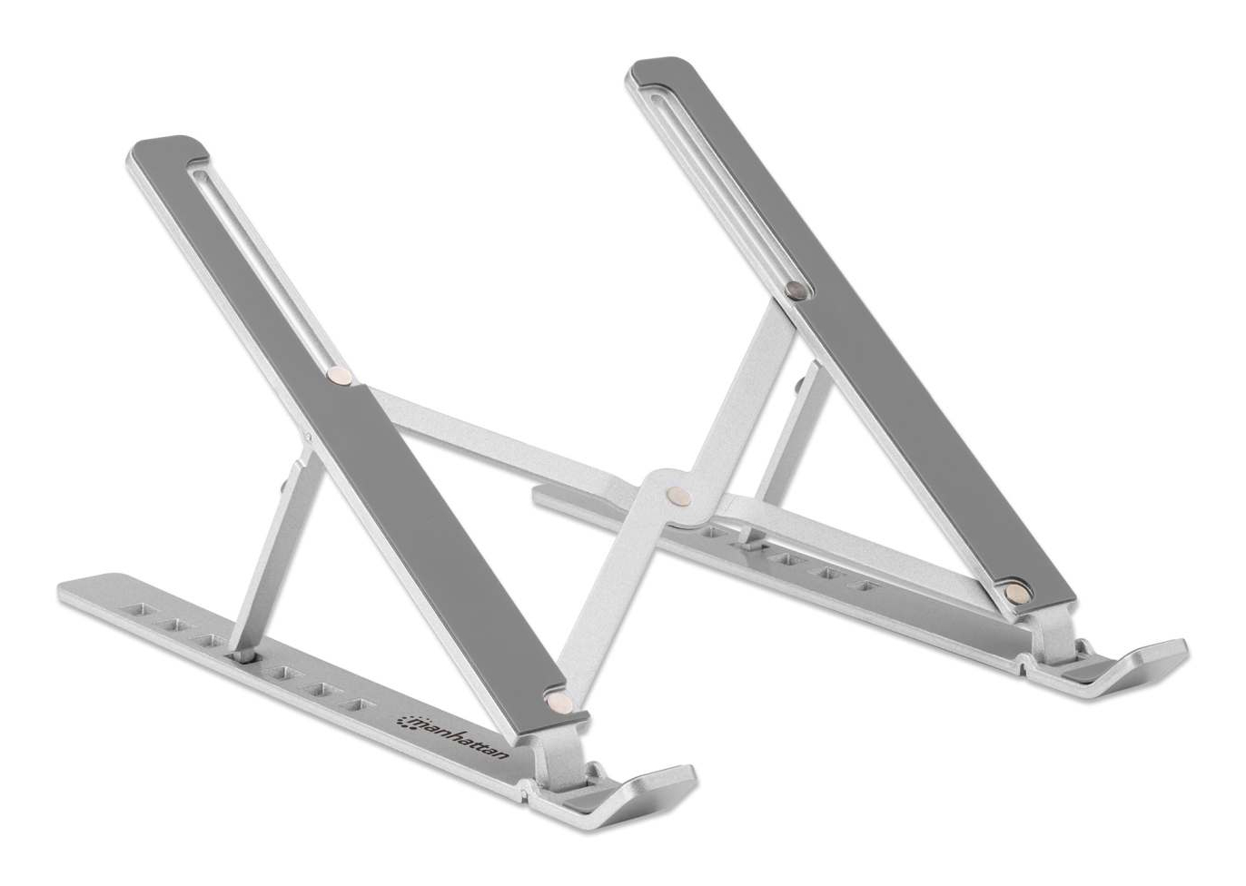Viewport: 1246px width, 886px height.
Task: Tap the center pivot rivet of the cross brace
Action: (679, 497)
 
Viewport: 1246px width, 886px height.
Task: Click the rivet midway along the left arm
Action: (340, 375)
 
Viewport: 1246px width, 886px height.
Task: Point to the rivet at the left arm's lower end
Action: (559, 703)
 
